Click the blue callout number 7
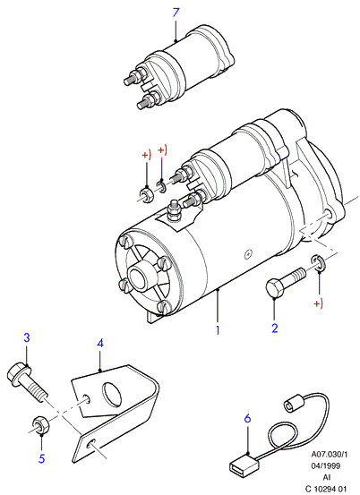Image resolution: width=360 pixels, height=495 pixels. [x=176, y=13]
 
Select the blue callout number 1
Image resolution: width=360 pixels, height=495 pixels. [x=218, y=330]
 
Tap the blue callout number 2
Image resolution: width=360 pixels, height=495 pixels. [x=275, y=329]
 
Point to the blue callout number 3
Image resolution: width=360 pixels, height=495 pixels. [x=27, y=337]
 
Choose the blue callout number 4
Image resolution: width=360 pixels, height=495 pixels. [x=100, y=343]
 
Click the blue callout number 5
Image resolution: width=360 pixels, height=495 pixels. [x=42, y=458]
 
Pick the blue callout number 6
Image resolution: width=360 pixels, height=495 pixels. [x=247, y=418]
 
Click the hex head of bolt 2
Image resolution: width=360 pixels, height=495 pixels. [x=274, y=287]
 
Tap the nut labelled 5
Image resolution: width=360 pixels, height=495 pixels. [x=40, y=424]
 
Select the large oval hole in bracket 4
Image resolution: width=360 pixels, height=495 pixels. [x=111, y=394]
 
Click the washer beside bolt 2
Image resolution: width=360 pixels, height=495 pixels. [x=319, y=262]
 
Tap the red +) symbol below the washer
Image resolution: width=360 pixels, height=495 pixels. [x=318, y=303]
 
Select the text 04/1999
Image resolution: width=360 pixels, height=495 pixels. [x=325, y=465]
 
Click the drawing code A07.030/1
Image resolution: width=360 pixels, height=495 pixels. [x=329, y=455]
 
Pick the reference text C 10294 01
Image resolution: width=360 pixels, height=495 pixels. [x=325, y=489]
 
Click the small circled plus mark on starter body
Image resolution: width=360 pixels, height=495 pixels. [x=249, y=254]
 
